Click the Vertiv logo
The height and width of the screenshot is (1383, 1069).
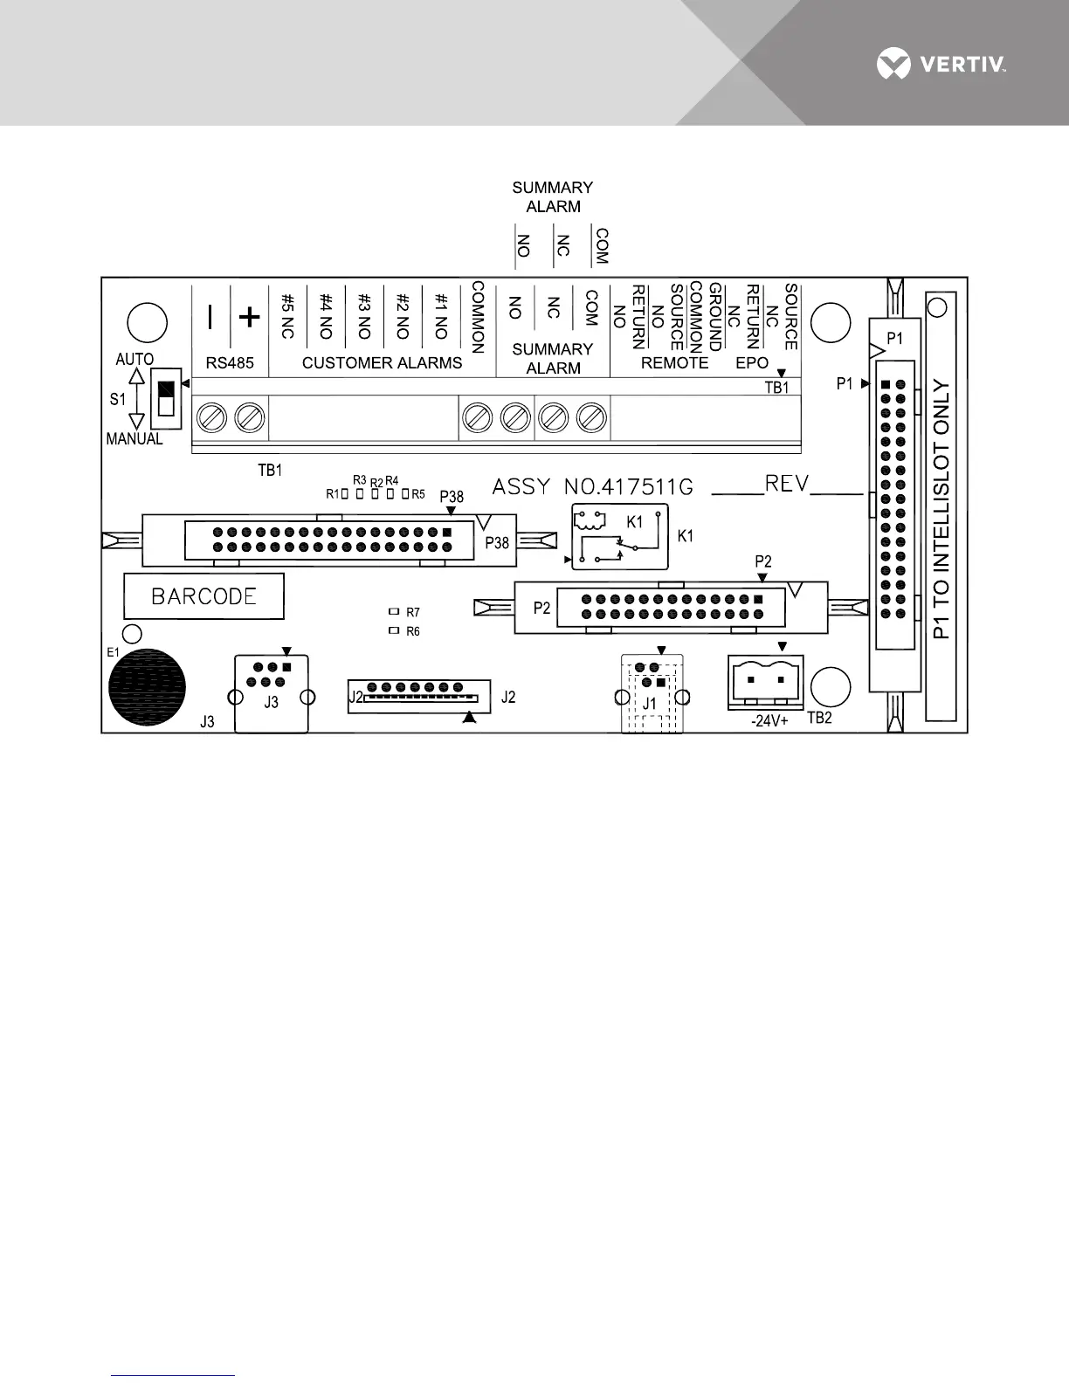pyautogui.click(x=941, y=64)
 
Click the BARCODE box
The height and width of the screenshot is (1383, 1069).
pyautogui.click(x=203, y=596)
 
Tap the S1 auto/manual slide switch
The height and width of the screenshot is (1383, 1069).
pyautogui.click(x=165, y=398)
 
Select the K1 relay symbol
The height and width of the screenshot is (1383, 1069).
pyautogui.click(x=619, y=536)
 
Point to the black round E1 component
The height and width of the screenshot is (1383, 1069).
pyautogui.click(x=147, y=686)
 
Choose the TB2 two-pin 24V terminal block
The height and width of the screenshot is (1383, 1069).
pyautogui.click(x=765, y=682)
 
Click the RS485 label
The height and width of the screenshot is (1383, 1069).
pyautogui.click(x=230, y=362)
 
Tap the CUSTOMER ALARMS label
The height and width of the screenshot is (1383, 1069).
pyautogui.click(x=382, y=362)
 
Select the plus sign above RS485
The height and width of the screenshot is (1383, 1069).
pyautogui.click(x=250, y=317)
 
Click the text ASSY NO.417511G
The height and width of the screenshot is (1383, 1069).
pyautogui.click(x=593, y=486)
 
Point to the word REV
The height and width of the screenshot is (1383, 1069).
pyautogui.click(x=787, y=484)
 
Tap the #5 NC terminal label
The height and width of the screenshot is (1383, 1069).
pyautogui.click(x=287, y=316)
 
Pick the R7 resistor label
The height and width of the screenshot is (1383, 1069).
pyautogui.click(x=412, y=613)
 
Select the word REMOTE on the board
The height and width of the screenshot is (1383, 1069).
pyautogui.click(x=674, y=362)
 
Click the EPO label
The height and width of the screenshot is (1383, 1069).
pyautogui.click(x=752, y=362)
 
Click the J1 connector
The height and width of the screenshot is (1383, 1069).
pyautogui.click(x=652, y=693)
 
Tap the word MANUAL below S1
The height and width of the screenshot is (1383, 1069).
pyautogui.click(x=134, y=439)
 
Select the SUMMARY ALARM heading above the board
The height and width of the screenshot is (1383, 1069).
pyautogui.click(x=553, y=197)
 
